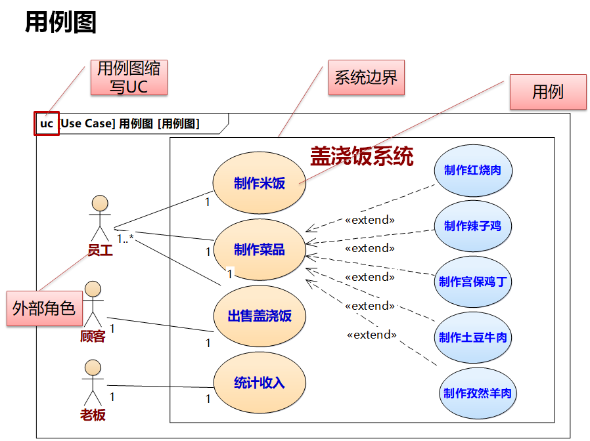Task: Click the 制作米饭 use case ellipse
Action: (260, 184)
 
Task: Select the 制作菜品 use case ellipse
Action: (260, 250)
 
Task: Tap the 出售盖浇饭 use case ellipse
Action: (260, 316)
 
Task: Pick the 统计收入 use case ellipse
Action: (260, 383)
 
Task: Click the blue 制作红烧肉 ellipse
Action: (472, 171)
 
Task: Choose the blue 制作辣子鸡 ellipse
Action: (472, 226)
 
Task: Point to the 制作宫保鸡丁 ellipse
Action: (472, 282)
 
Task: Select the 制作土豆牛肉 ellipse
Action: (472, 338)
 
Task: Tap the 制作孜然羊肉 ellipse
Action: (477, 394)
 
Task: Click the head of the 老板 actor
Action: (93, 367)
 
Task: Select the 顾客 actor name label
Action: (93, 337)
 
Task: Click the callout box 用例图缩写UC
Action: (129, 77)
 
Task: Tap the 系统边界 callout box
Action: (366, 78)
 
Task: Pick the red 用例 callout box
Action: (548, 92)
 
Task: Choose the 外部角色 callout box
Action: (44, 308)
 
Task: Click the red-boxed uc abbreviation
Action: (47, 123)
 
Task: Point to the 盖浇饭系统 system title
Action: (362, 156)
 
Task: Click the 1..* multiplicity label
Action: (125, 238)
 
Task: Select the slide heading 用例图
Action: (60, 22)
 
